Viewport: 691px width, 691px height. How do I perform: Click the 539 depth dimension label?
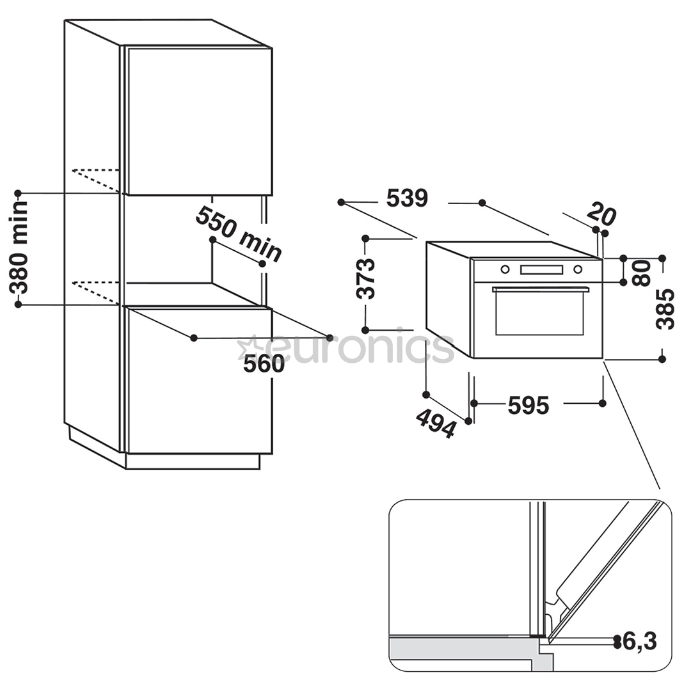point(407,199)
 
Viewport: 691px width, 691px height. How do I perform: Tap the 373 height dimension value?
point(366,279)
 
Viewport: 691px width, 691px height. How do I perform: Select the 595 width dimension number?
point(528,405)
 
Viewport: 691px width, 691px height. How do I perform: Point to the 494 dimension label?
point(436,423)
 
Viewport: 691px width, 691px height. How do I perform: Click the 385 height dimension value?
point(665,309)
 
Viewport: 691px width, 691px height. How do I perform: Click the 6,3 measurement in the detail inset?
point(640,641)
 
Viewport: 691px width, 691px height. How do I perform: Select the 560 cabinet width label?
point(264,364)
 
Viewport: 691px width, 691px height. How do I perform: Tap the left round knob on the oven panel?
point(505,269)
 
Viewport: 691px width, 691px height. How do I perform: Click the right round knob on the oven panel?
point(577,269)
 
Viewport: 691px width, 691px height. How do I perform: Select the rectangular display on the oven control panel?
point(542,270)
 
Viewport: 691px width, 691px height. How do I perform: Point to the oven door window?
point(539,314)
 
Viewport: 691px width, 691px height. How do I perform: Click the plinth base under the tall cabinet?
point(193,461)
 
